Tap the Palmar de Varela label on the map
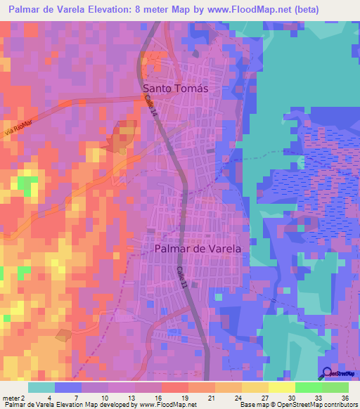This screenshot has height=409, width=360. (x=197, y=249)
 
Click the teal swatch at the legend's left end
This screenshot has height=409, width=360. (x=41, y=387)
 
